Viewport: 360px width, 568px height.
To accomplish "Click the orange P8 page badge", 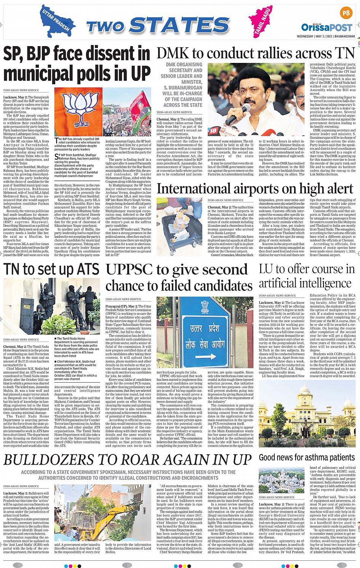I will tap(346, 13).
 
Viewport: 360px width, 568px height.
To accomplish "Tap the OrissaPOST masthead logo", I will tap(327, 27).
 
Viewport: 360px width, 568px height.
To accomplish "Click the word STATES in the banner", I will tap(179, 26).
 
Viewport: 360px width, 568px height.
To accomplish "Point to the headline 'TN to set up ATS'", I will tap(51, 269).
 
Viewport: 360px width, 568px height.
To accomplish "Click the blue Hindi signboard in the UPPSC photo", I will tap(205, 335).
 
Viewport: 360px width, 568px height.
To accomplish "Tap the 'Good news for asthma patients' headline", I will tap(307, 457).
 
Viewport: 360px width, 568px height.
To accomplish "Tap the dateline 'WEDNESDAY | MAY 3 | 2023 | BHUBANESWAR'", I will tap(326, 37).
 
